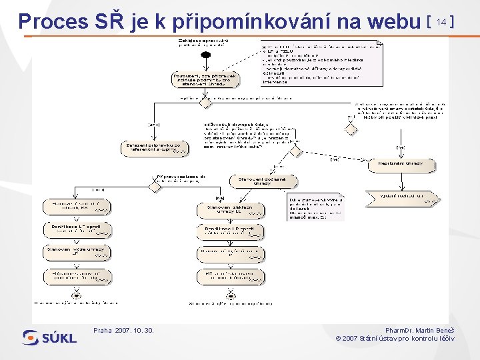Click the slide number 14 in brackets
(x=439, y=22)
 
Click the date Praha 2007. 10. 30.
(x=124, y=330)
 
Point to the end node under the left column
(x=76, y=295)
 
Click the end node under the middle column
(x=231, y=295)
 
